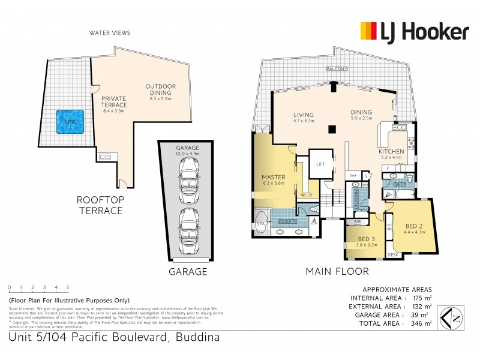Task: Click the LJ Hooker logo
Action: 413,31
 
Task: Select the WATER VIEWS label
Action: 109,33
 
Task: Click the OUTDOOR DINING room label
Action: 160,89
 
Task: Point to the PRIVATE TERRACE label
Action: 113,101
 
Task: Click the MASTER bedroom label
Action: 273,177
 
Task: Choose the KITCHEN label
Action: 391,152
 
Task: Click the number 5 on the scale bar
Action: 68,287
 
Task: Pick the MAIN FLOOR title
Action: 337,271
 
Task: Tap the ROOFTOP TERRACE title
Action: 99,205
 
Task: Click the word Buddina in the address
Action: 197,337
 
